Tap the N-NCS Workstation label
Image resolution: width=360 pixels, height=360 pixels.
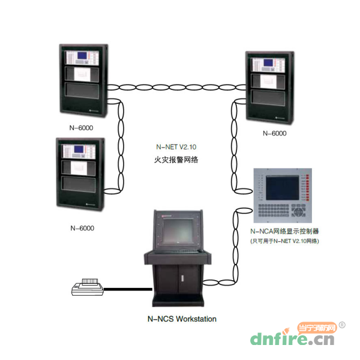point(181,319)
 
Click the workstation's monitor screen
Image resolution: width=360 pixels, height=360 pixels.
point(179,231)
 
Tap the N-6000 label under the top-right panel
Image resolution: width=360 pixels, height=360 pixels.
point(275,133)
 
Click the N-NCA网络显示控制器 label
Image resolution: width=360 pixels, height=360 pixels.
point(284,231)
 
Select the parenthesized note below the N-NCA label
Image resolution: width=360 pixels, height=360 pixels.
point(284,241)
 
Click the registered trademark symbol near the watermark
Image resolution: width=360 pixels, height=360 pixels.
point(342,325)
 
